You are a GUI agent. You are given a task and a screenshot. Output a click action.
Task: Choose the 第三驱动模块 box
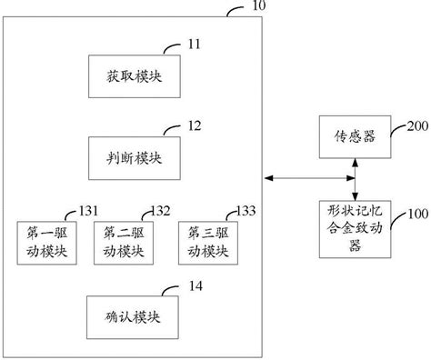206,242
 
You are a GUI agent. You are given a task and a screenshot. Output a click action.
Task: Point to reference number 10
259,7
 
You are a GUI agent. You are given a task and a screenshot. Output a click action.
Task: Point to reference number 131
89,210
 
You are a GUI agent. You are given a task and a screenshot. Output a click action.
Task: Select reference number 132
161,210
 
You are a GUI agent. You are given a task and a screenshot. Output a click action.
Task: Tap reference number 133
243,210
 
